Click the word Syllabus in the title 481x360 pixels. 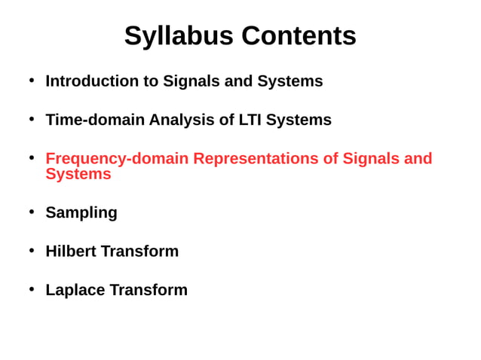click(x=175, y=36)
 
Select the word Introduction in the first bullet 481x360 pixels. click(x=92, y=81)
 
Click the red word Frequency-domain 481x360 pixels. click(x=117, y=159)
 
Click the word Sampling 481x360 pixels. click(x=81, y=213)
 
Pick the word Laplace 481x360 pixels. click(x=75, y=290)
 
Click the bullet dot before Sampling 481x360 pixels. click(x=32, y=212)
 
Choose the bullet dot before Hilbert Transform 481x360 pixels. click(x=32, y=250)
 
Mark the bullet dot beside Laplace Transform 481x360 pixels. click(x=32, y=288)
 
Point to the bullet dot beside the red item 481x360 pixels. click(x=32, y=157)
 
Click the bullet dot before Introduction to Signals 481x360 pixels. click(x=32, y=80)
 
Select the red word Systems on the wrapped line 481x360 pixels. click(x=78, y=174)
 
